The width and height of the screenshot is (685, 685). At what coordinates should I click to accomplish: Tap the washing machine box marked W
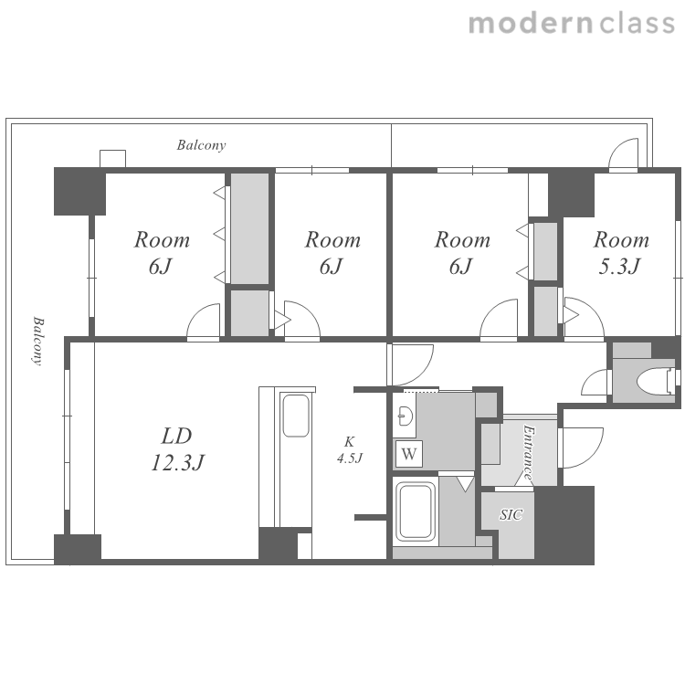(x=409, y=454)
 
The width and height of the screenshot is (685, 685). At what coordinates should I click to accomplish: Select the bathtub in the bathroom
(x=416, y=511)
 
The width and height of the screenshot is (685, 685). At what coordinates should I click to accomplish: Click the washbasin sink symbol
(x=406, y=416)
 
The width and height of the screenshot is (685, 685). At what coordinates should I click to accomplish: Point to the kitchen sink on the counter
(x=296, y=416)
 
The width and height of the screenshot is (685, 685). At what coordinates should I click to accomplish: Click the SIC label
(x=511, y=514)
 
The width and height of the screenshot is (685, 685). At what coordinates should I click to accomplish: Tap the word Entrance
(x=529, y=453)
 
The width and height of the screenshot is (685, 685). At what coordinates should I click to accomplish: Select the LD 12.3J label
(x=177, y=449)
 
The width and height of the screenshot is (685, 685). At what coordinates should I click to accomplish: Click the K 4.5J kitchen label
(x=349, y=450)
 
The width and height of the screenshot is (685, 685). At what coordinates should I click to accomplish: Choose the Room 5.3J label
(x=621, y=252)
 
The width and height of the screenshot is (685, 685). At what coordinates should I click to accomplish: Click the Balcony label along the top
(x=201, y=145)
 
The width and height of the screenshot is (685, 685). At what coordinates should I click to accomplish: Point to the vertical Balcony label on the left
(x=38, y=341)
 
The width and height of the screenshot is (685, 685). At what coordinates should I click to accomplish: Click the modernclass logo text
(x=572, y=23)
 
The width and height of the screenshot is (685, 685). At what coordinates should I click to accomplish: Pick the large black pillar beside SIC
(x=564, y=524)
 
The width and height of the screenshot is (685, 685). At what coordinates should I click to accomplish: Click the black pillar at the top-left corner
(x=80, y=192)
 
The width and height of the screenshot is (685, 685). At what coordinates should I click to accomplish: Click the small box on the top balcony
(x=112, y=159)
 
